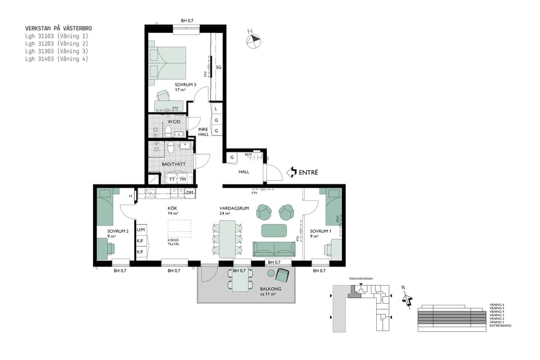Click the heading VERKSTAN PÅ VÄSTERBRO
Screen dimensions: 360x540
pyautogui.click(x=58, y=28)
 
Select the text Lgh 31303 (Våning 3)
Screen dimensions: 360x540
pyautogui.click(x=56, y=51)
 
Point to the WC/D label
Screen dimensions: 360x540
pyautogui.click(x=175, y=121)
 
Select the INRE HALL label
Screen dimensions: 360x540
pyautogui.click(x=203, y=132)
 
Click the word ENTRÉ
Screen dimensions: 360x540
pyautogui.click(x=308, y=172)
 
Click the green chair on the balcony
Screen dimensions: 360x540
pyautogui.click(x=282, y=275)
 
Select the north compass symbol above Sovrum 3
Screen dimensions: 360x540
pyautogui.click(x=254, y=40)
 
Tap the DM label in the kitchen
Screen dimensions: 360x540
pyautogui.click(x=189, y=193)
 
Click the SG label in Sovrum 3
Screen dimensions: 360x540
pyautogui.click(x=218, y=68)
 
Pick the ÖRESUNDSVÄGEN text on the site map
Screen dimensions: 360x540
pyautogui.click(x=361, y=279)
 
